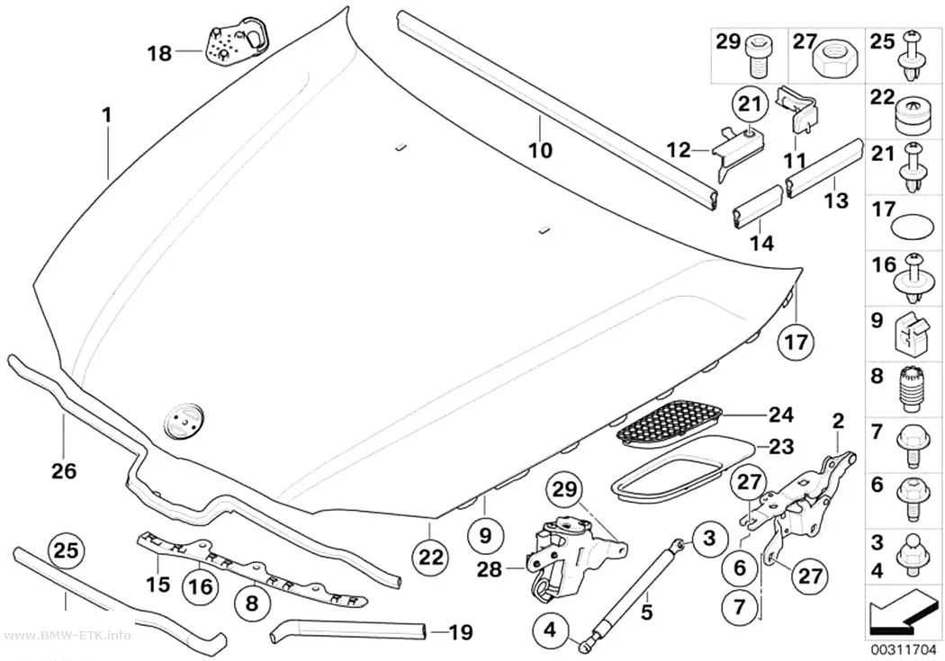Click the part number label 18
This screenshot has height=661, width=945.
coord(159,54)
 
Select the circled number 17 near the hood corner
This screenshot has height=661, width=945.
coord(796,342)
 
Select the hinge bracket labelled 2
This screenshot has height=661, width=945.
coord(796,503)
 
